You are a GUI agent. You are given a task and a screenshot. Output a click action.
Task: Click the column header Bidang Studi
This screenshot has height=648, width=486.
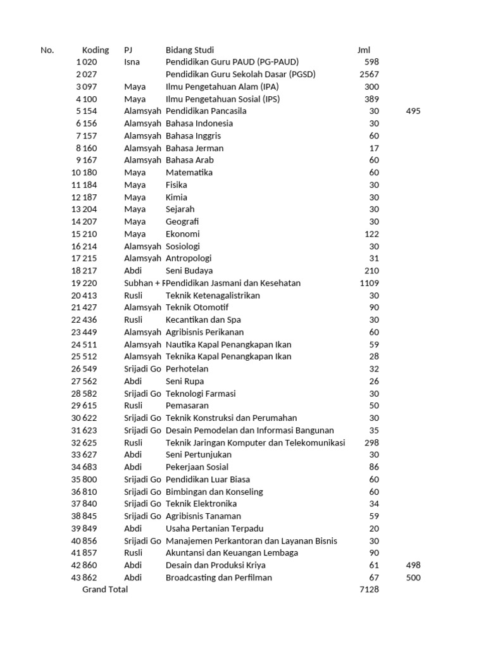(x=189, y=50)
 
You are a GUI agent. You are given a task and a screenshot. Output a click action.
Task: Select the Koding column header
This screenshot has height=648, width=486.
(x=96, y=50)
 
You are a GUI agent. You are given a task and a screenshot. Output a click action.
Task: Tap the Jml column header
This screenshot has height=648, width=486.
(x=363, y=50)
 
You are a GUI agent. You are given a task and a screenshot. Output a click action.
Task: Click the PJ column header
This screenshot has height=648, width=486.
(x=128, y=50)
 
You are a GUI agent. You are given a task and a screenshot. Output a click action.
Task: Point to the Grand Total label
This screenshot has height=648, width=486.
(x=105, y=590)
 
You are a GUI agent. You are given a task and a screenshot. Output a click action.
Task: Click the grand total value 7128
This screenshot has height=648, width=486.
(x=369, y=590)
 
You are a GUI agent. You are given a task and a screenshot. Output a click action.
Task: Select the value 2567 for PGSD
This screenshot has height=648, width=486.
(x=369, y=75)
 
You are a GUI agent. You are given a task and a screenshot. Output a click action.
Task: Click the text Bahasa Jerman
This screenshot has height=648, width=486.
(x=194, y=148)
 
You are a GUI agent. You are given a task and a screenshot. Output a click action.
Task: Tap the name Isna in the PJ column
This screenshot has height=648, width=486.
(x=132, y=62)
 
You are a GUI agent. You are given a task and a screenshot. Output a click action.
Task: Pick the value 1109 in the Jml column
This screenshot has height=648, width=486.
(x=369, y=283)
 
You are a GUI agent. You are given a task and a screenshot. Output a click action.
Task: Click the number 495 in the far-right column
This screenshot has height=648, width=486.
(x=413, y=111)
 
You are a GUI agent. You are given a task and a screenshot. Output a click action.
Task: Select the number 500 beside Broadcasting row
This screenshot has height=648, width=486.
(x=413, y=578)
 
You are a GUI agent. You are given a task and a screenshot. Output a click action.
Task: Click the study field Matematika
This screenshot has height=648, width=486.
(x=189, y=173)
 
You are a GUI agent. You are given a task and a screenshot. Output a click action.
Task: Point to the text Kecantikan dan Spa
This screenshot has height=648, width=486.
(x=203, y=320)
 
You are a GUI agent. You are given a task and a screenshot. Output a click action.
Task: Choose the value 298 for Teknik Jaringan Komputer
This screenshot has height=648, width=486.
(x=371, y=443)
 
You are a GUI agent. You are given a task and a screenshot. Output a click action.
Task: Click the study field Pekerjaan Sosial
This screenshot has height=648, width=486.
(x=197, y=468)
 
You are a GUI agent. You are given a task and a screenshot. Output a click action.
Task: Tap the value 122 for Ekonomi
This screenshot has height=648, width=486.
(x=371, y=234)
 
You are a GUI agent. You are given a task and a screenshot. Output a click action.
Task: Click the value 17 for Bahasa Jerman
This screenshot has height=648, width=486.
(x=374, y=148)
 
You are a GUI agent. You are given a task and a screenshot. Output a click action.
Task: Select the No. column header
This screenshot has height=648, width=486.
(x=47, y=50)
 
